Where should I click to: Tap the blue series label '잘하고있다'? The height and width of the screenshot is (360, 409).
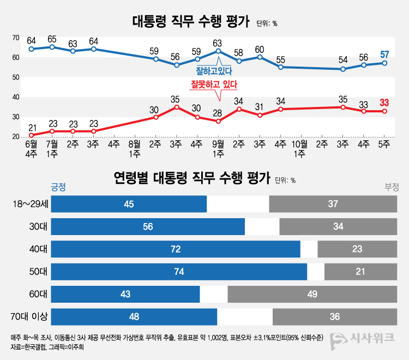214,71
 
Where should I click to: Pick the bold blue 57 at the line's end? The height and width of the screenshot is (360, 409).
384,54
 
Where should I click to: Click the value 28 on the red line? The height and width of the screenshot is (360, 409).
218,113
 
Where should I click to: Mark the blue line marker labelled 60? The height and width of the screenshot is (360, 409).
260,57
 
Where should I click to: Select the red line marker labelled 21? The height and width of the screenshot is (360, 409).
32,135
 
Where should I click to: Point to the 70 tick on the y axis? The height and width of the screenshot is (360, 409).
16,38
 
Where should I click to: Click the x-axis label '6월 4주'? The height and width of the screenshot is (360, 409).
32,149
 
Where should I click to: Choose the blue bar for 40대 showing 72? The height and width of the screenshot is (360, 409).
176,249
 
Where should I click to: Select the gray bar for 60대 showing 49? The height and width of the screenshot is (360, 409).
312,294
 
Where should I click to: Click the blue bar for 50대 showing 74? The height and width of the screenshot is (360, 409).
179,272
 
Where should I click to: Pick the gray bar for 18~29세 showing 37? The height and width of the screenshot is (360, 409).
333,203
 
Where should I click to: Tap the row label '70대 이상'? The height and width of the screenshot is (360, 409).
31,316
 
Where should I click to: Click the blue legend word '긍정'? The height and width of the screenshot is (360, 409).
58,187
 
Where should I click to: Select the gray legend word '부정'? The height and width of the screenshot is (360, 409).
392,187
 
